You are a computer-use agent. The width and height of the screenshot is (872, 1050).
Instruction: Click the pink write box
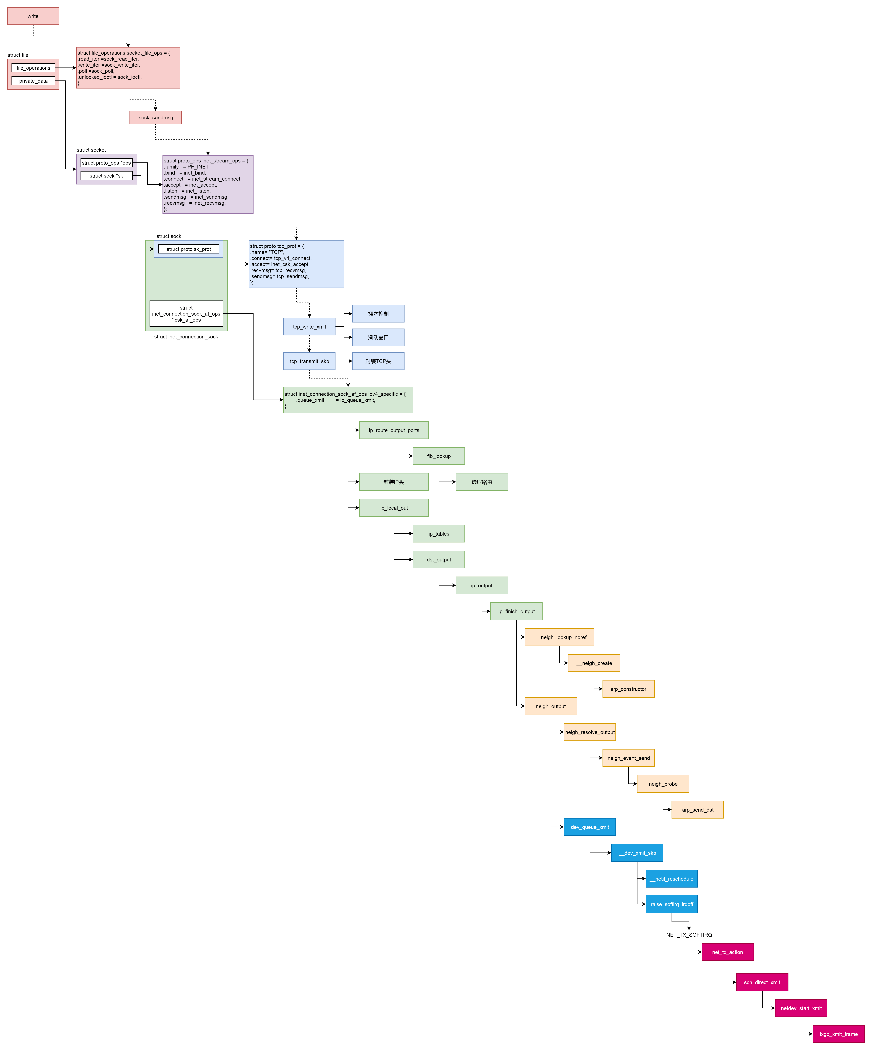(x=33, y=16)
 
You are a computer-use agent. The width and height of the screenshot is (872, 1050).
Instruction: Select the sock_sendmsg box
(x=155, y=117)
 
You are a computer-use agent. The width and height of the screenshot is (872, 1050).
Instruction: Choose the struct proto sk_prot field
(x=189, y=249)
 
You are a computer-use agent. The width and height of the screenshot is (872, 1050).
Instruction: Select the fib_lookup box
(x=438, y=456)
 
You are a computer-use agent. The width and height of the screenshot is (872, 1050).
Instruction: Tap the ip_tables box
(x=438, y=534)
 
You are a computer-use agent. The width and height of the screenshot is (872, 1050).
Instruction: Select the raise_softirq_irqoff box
(x=672, y=904)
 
